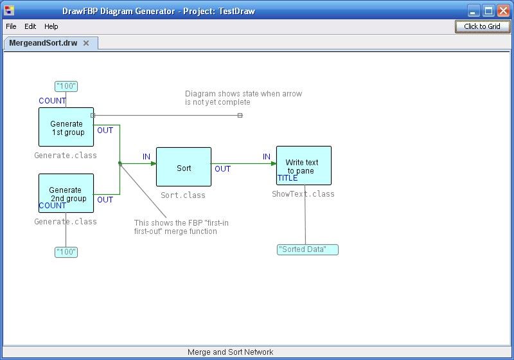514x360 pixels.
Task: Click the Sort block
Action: [x=184, y=167]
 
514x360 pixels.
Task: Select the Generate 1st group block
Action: [x=66, y=127]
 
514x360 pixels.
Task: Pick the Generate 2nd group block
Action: [x=66, y=193]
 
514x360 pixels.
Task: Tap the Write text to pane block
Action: [x=304, y=166]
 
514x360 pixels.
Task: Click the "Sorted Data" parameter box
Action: [x=308, y=249]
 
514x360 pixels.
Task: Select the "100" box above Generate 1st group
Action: [x=66, y=86]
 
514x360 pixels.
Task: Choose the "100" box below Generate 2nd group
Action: [x=66, y=252]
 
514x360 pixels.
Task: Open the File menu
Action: [x=11, y=26]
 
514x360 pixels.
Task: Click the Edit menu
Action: [x=30, y=26]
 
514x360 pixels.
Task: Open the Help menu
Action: [x=51, y=26]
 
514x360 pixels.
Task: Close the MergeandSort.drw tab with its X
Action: [x=86, y=43]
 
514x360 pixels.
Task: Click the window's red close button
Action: [x=503, y=11]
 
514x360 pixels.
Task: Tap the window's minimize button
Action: [x=473, y=11]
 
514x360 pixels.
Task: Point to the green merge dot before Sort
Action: [x=120, y=163]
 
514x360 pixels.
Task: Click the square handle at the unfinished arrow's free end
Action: [x=240, y=116]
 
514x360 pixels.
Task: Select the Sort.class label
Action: [x=183, y=195]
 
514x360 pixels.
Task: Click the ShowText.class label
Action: [x=303, y=194]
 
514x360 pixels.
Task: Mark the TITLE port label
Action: [x=287, y=178]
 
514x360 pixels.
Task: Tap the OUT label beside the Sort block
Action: [x=222, y=169]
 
